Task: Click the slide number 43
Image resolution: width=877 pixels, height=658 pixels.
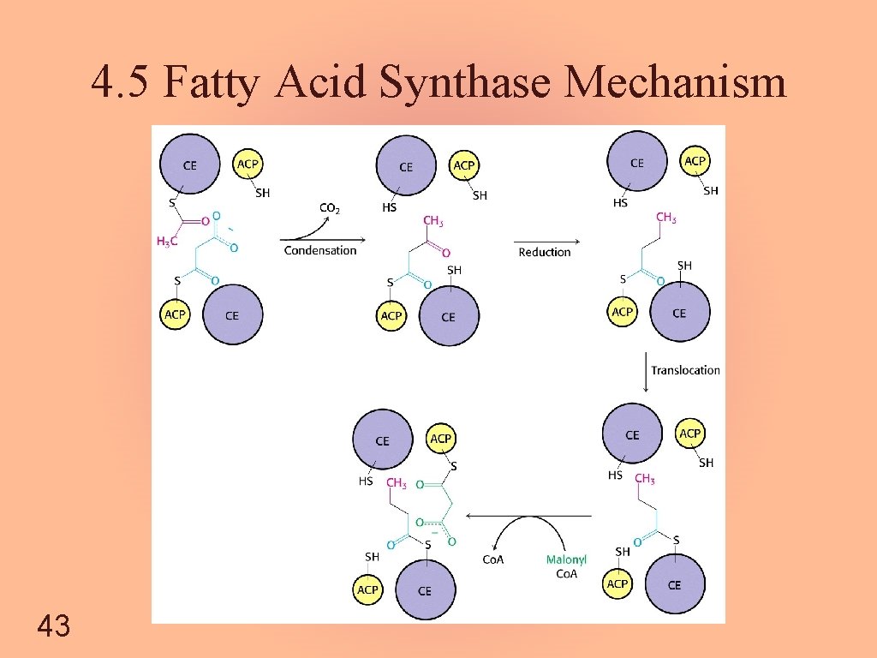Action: click(53, 625)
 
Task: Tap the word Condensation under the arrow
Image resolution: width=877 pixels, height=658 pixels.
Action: click(319, 250)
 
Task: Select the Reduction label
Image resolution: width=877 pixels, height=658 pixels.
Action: click(544, 252)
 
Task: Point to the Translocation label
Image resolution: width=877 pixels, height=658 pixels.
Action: click(685, 370)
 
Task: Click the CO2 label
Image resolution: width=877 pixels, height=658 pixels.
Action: click(330, 208)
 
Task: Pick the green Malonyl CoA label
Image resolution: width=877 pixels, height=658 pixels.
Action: click(567, 566)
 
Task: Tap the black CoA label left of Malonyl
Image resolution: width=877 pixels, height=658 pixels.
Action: click(494, 560)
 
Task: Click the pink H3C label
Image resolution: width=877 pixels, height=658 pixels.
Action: click(168, 242)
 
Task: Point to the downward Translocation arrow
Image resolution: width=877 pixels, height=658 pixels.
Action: click(645, 373)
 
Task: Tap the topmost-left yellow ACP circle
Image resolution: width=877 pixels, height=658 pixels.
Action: click(248, 163)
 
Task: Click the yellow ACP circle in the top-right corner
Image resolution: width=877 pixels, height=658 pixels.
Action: click(695, 161)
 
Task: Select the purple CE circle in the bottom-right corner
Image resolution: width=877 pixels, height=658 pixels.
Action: click(674, 584)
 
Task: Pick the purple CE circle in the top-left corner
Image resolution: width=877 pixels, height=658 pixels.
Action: click(189, 164)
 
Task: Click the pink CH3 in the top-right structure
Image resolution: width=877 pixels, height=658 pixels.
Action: click(665, 218)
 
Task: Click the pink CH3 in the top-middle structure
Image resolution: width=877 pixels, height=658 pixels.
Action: click(433, 222)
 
